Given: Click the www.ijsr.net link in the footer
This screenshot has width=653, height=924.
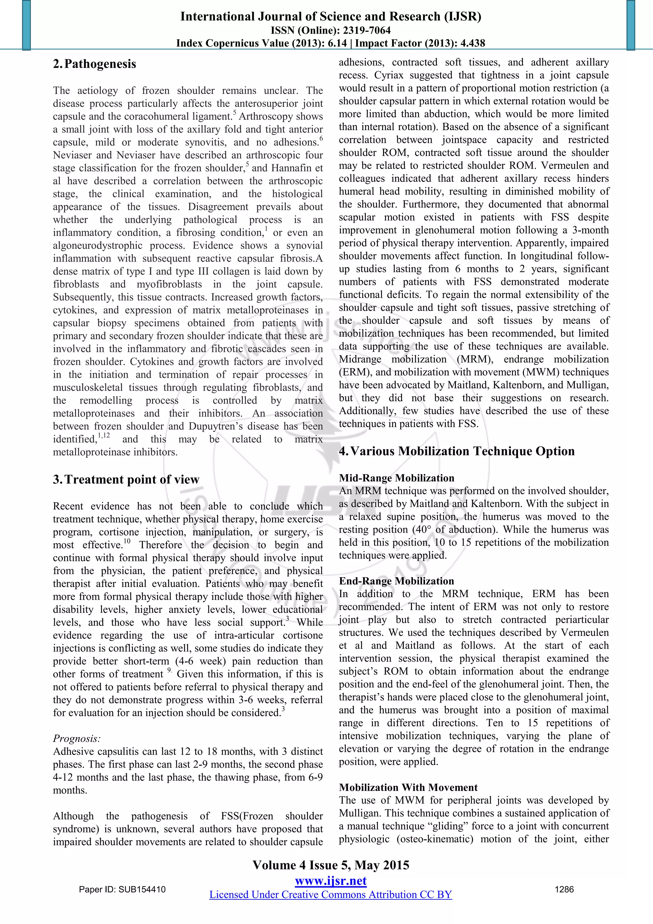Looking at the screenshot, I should click(x=331, y=881).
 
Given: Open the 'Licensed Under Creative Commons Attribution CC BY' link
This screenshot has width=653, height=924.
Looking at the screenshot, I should click(x=331, y=895).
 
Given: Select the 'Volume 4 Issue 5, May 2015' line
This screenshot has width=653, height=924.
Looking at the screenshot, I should click(x=331, y=865).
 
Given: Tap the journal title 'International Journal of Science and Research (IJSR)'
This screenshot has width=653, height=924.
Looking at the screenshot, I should click(x=331, y=17).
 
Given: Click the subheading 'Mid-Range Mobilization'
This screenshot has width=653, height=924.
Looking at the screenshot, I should click(x=396, y=478).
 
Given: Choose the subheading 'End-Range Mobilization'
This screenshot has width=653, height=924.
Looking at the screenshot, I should click(x=396, y=581).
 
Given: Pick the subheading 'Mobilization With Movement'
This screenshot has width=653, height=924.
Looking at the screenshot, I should click(x=408, y=787).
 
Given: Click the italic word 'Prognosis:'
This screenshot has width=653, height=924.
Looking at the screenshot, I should click(x=77, y=739).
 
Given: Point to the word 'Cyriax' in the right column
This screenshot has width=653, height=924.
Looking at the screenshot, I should click(x=390, y=75).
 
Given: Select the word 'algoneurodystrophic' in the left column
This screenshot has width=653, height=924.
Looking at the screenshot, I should click(x=98, y=245).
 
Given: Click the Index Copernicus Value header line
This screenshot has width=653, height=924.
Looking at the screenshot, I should click(x=331, y=43).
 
